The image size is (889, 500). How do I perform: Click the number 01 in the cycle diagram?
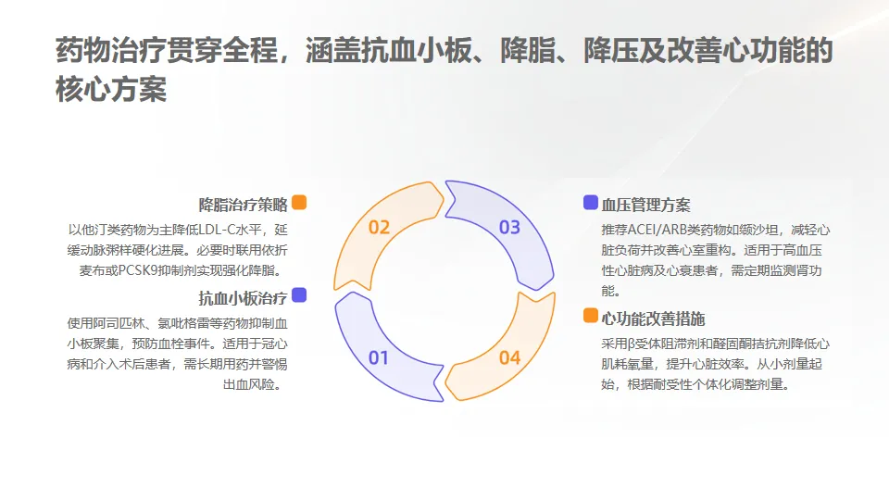[379, 357]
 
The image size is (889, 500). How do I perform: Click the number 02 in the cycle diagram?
[379, 228]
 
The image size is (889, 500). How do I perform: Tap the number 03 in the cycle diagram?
[509, 228]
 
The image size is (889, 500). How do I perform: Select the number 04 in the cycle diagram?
[509, 357]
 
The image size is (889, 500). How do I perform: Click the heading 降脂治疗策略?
[243, 205]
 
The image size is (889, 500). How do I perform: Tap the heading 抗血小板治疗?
[243, 298]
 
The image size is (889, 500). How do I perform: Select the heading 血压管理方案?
[645, 206]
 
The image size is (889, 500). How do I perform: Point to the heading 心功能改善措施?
[653, 319]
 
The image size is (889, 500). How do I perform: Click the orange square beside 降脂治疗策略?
[298, 203]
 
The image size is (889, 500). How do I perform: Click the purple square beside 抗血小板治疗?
[298, 295]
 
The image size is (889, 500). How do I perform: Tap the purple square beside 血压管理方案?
[590, 203]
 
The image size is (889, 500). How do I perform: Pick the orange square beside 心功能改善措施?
[590, 316]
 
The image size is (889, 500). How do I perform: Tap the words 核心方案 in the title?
[111, 91]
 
